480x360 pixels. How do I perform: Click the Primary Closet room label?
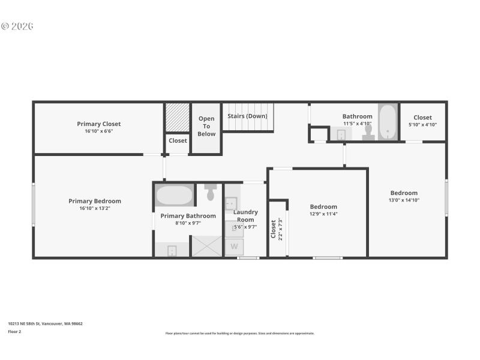99,124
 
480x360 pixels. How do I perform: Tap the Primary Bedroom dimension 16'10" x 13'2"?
95,209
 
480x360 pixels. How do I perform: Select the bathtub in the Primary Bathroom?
174,196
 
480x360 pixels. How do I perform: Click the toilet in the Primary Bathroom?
210,193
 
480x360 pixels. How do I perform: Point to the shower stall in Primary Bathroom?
206,247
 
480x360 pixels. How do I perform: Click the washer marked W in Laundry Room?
234,247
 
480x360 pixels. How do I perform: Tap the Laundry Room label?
245,215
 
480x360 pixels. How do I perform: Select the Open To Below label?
206,127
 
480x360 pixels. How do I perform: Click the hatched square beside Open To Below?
178,117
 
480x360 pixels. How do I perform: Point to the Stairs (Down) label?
247,116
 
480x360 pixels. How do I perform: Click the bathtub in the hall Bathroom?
388,122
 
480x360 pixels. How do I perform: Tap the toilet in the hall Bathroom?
368,132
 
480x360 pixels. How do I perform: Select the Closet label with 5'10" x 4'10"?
422,118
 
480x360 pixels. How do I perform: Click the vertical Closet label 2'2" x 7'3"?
274,229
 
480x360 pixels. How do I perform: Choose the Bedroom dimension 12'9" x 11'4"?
323,214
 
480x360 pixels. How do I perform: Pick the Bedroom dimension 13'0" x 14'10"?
404,200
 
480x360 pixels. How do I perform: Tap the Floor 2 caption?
14,331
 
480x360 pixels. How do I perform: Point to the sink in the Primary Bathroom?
172,251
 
